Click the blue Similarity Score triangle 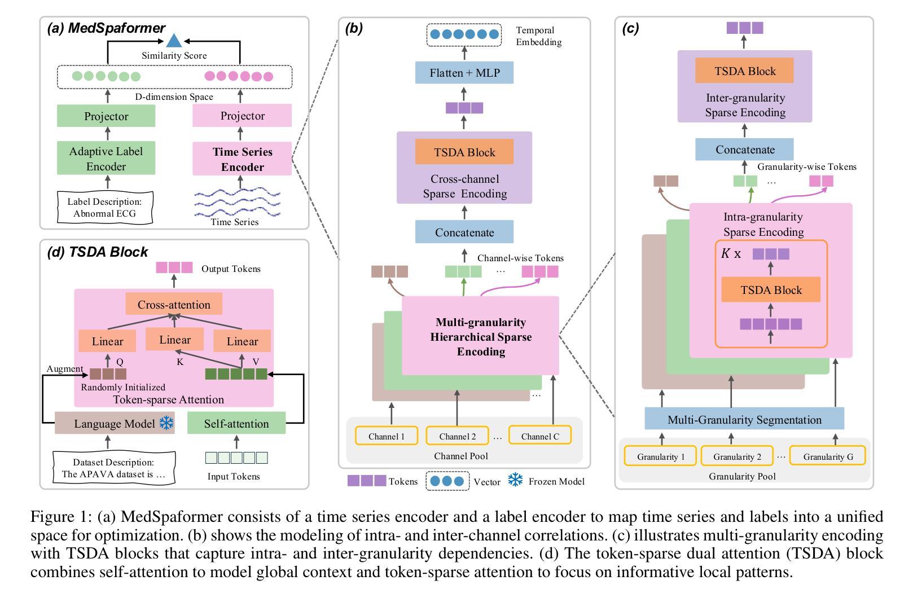coord(174,41)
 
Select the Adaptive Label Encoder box coord(106,158)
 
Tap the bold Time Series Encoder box coord(242,159)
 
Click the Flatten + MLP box coord(464,73)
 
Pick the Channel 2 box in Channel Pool coord(457,436)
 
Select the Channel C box coord(540,436)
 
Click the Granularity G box coord(828,456)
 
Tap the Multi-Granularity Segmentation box coord(744,419)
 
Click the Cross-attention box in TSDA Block coord(174,304)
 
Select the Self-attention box coord(236,423)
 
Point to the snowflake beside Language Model coord(166,423)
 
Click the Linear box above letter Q coord(107,341)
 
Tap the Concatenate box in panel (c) coord(744,149)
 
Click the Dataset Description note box coord(114,468)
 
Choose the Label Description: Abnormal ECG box coord(105,207)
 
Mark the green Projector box coord(106,116)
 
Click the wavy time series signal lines coord(237,203)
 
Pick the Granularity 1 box coord(660,456)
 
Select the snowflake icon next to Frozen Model coord(515,480)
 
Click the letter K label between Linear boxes coord(180,362)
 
